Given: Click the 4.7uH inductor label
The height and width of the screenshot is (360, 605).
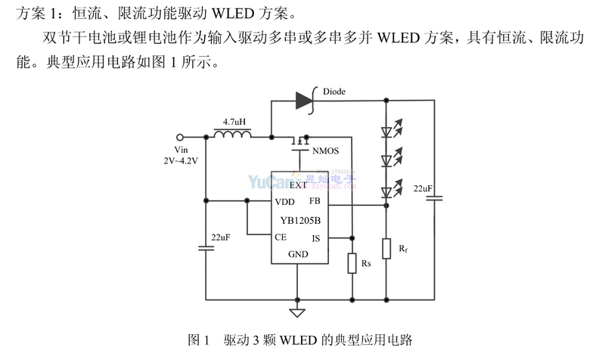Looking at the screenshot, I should tap(234, 121).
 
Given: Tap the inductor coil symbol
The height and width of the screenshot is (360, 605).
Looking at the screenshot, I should tap(234, 136).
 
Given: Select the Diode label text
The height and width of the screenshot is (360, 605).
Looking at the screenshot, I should tap(334, 92).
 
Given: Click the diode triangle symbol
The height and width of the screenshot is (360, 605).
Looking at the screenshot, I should tap(305, 99).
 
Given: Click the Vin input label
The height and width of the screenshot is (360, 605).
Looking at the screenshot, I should tap(180, 150).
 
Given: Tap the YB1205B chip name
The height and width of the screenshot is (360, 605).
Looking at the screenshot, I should tap(300, 220).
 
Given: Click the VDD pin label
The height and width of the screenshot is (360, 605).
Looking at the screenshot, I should tap(285, 202).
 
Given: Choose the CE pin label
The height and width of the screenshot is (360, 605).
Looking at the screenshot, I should tap(281, 237).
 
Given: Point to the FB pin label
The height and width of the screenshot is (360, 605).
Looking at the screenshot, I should tap(315, 201).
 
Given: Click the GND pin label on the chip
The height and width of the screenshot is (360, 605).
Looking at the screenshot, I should tap(299, 254).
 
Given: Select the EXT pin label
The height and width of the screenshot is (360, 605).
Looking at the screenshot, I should tap(299, 185).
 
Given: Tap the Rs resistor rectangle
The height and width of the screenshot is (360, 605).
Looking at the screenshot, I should tap(352, 262).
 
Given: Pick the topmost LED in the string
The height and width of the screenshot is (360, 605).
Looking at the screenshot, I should tap(386, 130).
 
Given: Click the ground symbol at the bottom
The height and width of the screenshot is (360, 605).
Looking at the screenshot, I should tap(297, 312).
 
